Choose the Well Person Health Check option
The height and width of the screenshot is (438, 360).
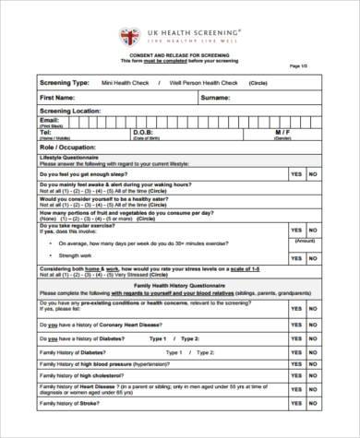click(212, 82)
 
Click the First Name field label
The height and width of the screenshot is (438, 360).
click(58, 96)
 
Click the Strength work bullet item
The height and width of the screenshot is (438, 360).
click(76, 254)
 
